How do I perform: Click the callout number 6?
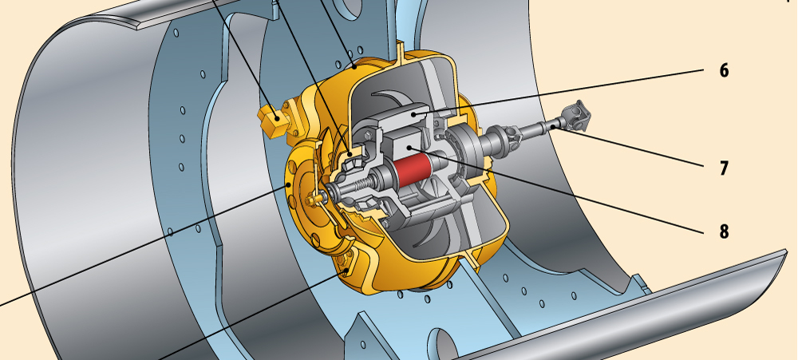[725, 70]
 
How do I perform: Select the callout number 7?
[724, 168]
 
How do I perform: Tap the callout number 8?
[725, 231]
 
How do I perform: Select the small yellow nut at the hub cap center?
[310, 201]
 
